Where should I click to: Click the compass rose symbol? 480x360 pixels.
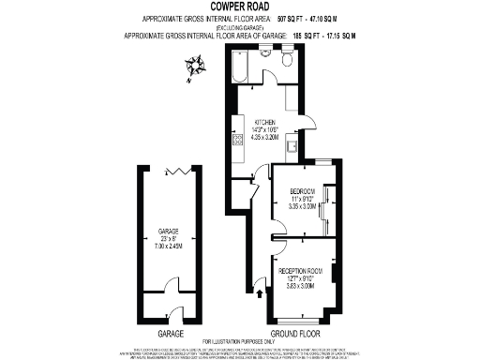pyautogui.click(x=197, y=66)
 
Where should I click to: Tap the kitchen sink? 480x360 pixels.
pyautogui.click(x=292, y=145)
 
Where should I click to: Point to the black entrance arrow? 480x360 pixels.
pyautogui.click(x=260, y=297)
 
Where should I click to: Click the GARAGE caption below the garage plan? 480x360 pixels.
pyautogui.click(x=170, y=334)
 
